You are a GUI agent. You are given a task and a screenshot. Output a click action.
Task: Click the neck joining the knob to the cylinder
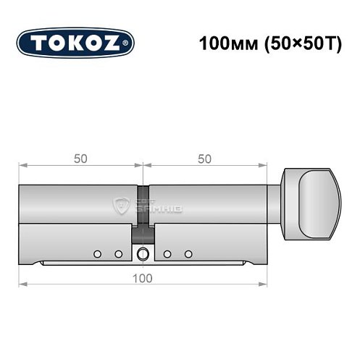[275, 202]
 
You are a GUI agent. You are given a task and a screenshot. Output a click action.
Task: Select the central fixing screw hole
[143, 253]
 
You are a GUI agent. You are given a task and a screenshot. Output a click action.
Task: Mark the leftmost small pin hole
[96, 253]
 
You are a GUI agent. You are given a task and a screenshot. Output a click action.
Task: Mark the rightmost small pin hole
[188, 253]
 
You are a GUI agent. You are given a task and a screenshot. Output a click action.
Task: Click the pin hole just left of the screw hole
[117, 253]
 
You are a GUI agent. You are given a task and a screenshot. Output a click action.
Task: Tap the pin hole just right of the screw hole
[167, 253]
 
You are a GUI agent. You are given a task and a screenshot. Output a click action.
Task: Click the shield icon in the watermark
[121, 205]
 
